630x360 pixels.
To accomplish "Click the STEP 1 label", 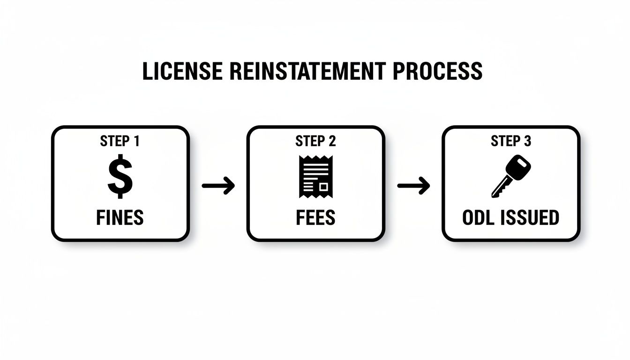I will pyautogui.click(x=120, y=141).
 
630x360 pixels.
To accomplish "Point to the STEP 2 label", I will pyautogui.click(x=315, y=141).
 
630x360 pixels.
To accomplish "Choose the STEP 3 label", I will pyautogui.click(x=511, y=141).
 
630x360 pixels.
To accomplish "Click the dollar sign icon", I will pyautogui.click(x=120, y=176).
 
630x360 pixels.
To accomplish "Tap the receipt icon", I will pyautogui.click(x=315, y=177).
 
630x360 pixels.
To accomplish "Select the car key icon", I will pyautogui.click(x=511, y=177).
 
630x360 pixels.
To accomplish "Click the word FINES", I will pyautogui.click(x=120, y=217).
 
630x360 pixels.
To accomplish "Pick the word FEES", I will pyautogui.click(x=315, y=217).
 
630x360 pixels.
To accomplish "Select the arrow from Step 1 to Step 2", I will pyautogui.click(x=218, y=186).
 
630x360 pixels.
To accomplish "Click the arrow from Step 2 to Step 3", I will pyautogui.click(x=413, y=186).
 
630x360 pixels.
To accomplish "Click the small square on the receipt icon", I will pyautogui.click(x=323, y=187).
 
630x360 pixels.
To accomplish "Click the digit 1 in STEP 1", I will pyautogui.click(x=136, y=141).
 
